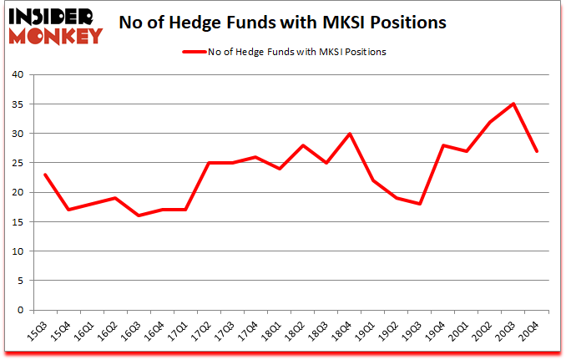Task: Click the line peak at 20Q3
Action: click(x=513, y=104)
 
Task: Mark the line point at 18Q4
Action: click(x=350, y=134)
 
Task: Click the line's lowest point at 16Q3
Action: click(x=139, y=215)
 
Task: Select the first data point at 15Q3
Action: click(x=45, y=175)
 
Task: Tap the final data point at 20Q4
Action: click(x=537, y=151)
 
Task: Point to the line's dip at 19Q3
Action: click(x=420, y=204)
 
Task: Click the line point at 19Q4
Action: click(x=443, y=145)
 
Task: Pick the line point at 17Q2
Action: click(x=209, y=163)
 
